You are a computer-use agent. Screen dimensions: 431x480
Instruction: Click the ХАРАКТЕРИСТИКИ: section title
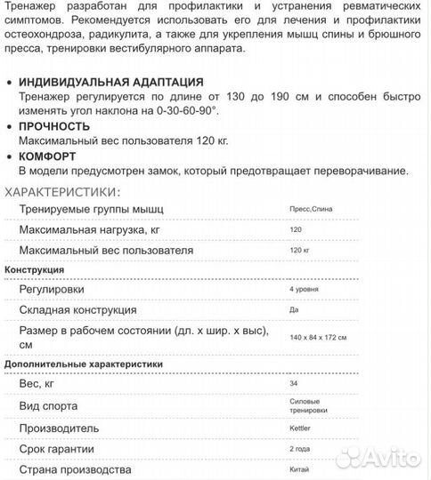(61, 192)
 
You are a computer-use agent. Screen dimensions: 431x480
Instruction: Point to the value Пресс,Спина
(313, 209)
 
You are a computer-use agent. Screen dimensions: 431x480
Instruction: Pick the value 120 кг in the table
(299, 252)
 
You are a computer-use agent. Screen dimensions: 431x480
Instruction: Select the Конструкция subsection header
(34, 270)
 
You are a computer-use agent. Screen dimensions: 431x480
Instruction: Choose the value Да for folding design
(294, 310)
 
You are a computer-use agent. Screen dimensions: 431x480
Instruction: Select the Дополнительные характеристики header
(84, 364)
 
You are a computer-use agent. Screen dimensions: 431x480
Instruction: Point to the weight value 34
(294, 384)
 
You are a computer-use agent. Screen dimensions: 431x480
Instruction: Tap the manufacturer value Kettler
(300, 428)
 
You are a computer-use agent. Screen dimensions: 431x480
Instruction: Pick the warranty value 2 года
(301, 449)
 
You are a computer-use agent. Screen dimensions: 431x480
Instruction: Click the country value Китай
(300, 469)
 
